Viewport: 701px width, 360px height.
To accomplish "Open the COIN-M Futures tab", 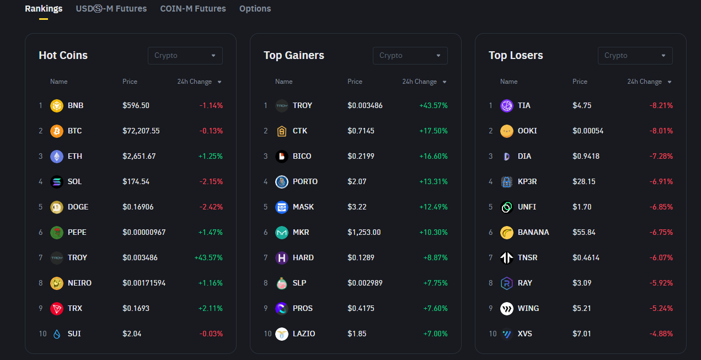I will pyautogui.click(x=193, y=9).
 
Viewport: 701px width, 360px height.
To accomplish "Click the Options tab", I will pyautogui.click(x=255, y=9).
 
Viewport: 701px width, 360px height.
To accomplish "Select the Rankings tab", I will pyautogui.click(x=44, y=9).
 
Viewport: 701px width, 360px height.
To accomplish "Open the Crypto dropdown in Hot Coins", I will pyautogui.click(x=185, y=56).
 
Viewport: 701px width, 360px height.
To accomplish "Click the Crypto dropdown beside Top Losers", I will pyautogui.click(x=635, y=56).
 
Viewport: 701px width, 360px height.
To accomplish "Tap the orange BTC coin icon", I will pyautogui.click(x=57, y=131).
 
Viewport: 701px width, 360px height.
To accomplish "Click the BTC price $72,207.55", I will pyautogui.click(x=141, y=131).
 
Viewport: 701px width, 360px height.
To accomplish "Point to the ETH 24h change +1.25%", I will pyautogui.click(x=211, y=157).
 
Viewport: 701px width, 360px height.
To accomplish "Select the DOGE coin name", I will pyautogui.click(x=78, y=207).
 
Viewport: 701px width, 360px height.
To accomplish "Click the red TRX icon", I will pyautogui.click(x=57, y=309).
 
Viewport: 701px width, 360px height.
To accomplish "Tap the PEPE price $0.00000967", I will pyautogui.click(x=144, y=233).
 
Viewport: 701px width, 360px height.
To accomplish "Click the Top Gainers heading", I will pyautogui.click(x=294, y=56).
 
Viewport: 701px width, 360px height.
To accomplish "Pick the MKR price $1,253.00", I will pyautogui.click(x=364, y=233).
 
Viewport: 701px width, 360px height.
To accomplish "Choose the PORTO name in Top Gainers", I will pyautogui.click(x=305, y=182).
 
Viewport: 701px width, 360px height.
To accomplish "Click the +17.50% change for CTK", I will pyautogui.click(x=434, y=131).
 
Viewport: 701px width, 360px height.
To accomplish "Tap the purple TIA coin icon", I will pyautogui.click(x=507, y=106).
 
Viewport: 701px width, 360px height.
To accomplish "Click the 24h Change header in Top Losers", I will pyautogui.click(x=645, y=82).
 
